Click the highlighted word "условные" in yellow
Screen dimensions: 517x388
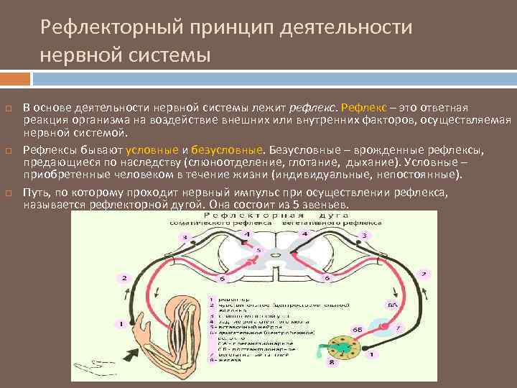(x=152, y=149)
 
